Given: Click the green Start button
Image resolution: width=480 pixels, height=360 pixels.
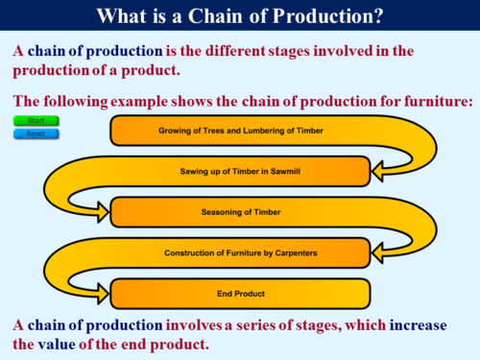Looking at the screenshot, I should click(x=36, y=121).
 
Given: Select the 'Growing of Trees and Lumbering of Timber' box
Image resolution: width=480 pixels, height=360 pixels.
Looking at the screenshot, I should click(x=240, y=130).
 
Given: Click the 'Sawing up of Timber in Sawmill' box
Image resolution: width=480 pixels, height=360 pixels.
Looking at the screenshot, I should click(x=240, y=171).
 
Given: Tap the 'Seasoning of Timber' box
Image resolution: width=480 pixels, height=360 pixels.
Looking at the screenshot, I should click(x=240, y=211).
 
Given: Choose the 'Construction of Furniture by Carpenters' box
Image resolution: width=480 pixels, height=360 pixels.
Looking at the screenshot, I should click(x=240, y=252).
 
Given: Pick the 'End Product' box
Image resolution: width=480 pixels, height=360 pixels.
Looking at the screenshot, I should click(x=240, y=293).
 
